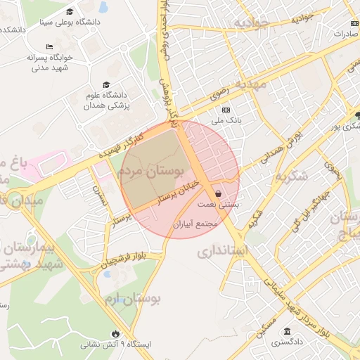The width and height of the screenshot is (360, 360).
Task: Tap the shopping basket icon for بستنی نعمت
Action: coord(218,193)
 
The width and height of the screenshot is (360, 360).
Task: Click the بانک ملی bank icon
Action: coord(226,110)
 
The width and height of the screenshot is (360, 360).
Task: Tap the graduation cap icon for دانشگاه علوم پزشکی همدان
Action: coord(106,85)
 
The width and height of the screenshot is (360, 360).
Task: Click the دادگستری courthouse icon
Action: coord(287,332)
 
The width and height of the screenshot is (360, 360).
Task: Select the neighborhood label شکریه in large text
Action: coord(292,176)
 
